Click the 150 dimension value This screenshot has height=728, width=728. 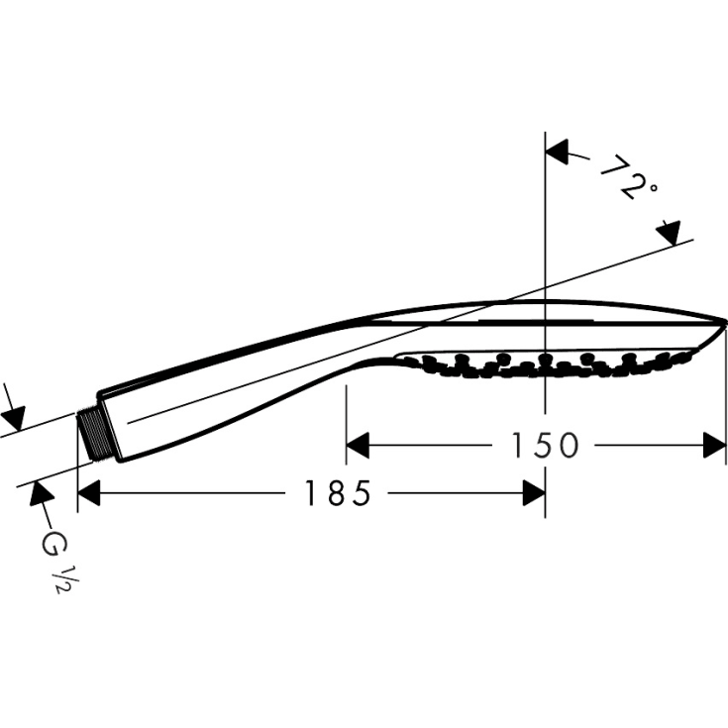pyautogui.click(x=544, y=447)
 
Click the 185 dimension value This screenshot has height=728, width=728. pyautogui.click(x=337, y=492)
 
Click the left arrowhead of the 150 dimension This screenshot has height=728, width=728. pyautogui.click(x=358, y=447)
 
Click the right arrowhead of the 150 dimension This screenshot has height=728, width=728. pyautogui.click(x=715, y=447)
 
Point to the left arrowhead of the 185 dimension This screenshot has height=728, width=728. pyautogui.click(x=89, y=492)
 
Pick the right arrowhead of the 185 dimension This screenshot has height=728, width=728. pyautogui.click(x=534, y=492)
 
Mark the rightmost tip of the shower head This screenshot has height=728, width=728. pyautogui.click(x=726, y=322)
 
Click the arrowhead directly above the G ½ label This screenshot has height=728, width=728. pyautogui.click(x=41, y=492)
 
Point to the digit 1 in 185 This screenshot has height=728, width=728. pyautogui.click(x=311, y=492)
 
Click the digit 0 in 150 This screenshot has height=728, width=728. pyautogui.click(x=567, y=447)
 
